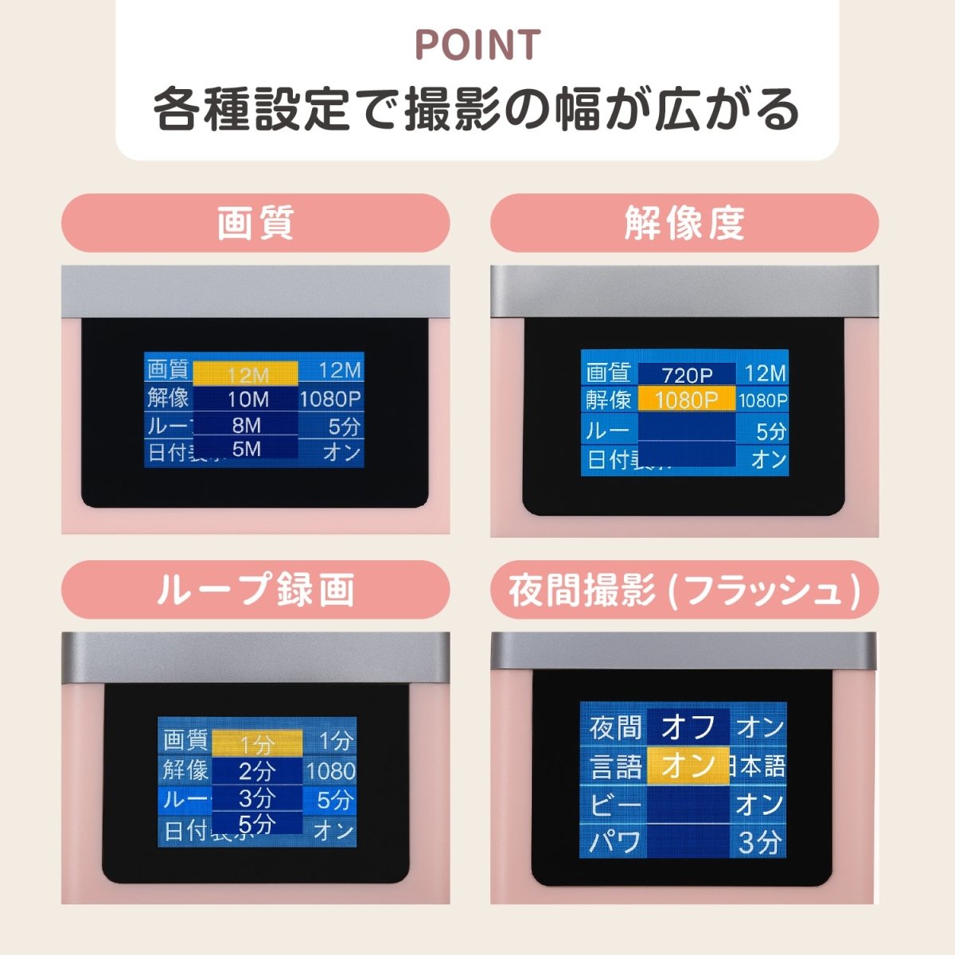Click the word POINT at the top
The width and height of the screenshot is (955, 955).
click(477, 45)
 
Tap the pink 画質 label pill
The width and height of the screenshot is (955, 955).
click(255, 223)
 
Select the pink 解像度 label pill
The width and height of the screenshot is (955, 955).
click(684, 223)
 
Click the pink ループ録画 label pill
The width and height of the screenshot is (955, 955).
click(255, 590)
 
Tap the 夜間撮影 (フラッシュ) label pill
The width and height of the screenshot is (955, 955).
click(684, 590)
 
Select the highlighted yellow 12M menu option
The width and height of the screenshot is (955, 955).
click(247, 374)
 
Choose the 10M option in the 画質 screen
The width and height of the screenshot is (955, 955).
click(247, 400)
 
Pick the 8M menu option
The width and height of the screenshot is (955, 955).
click(247, 425)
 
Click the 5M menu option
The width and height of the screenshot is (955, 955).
click(247, 449)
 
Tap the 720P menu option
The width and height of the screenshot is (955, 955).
click(687, 374)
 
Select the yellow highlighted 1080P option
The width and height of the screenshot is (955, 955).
click(687, 400)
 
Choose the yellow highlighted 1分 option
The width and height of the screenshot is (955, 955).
click(256, 744)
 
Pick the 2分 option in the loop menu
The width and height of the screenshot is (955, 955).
click(256, 770)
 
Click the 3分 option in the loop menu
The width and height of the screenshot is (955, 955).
click(256, 797)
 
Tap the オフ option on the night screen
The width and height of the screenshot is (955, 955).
click(688, 727)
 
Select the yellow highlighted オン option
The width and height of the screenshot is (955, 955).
click(688, 766)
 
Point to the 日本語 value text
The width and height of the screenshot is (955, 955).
click(758, 766)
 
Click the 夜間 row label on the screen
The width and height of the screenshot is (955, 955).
click(615, 727)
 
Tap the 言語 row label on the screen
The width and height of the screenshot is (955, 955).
click(615, 766)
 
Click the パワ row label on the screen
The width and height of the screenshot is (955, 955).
click(615, 842)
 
